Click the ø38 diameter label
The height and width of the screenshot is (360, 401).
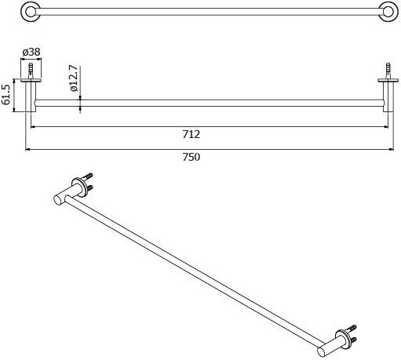(31, 52)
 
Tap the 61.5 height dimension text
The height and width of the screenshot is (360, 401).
(6, 94)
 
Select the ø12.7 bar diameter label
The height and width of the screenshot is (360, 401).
(74, 78)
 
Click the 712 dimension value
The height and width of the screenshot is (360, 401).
(191, 134)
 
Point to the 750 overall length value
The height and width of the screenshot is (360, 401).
(191, 157)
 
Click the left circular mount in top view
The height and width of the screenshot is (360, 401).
(31, 12)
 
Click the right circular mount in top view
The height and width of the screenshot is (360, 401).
(388, 12)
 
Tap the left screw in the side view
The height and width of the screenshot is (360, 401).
(31, 70)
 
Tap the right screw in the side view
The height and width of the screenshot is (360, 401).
(388, 70)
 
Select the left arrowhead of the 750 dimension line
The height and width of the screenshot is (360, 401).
(28, 150)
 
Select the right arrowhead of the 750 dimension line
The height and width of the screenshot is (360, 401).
(391, 150)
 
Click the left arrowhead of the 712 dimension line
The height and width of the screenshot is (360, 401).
(34, 127)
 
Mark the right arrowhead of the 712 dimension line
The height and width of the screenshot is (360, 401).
(385, 127)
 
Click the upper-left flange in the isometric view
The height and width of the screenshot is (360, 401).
(78, 187)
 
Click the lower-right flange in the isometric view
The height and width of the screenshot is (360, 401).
(342, 340)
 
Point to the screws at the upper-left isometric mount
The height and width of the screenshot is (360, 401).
(89, 181)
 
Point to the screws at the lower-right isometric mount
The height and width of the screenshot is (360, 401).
(352, 334)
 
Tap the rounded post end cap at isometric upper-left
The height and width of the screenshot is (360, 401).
(57, 200)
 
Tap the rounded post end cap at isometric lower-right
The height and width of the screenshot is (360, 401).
(322, 351)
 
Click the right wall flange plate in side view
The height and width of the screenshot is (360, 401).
(388, 80)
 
